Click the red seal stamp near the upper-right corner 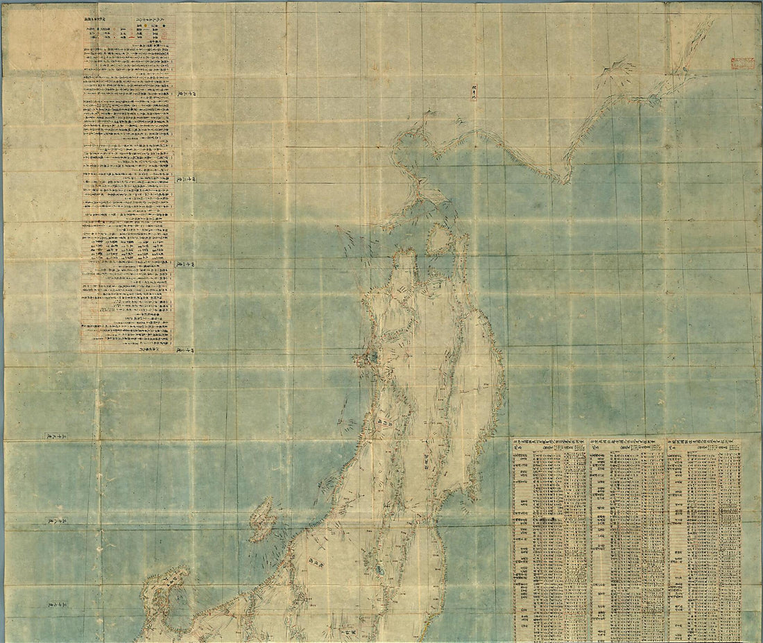(743, 63)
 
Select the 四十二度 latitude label (186, 178)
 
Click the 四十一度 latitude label (186, 264)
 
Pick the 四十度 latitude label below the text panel (186, 351)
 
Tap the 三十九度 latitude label (55, 436)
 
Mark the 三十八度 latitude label (55, 520)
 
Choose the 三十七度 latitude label (55, 606)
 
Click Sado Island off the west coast (262, 520)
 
